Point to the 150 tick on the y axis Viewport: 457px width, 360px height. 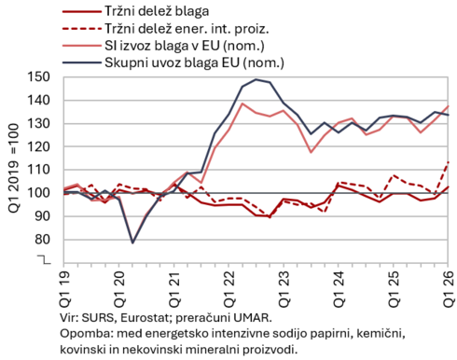coord(38,77)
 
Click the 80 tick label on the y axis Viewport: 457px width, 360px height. coord(42,240)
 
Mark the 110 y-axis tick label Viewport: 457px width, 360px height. coord(38,170)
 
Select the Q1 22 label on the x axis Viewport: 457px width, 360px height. coord(228,289)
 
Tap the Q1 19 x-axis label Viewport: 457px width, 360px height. coord(64,289)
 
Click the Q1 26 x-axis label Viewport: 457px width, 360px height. coord(449,289)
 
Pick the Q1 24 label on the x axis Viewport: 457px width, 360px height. coord(339,289)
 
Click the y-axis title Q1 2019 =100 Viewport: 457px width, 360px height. coord(14,168)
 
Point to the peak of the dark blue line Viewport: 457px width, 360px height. coord(256,79)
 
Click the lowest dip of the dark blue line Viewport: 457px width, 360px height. coord(132,242)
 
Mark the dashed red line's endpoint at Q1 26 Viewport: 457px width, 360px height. coord(448,162)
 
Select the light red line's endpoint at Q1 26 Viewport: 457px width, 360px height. coord(448,106)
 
